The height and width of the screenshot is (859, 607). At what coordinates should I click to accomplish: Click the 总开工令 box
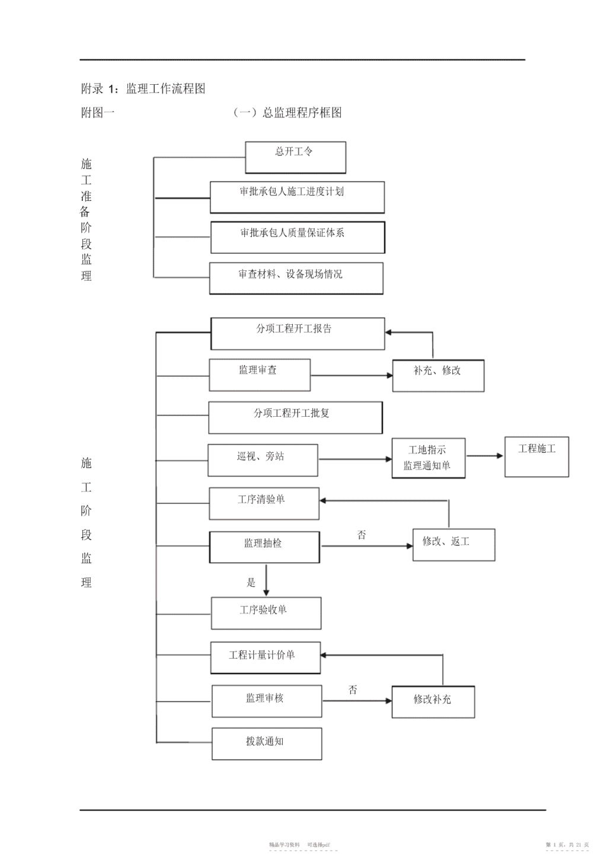(x=295, y=157)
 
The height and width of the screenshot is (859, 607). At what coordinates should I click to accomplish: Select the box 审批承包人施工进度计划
(x=297, y=197)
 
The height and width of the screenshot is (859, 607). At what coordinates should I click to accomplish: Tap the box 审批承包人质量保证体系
(x=298, y=237)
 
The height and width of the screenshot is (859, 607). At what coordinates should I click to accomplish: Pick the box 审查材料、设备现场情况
(x=296, y=278)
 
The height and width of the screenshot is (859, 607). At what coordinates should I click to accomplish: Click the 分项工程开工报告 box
(x=298, y=333)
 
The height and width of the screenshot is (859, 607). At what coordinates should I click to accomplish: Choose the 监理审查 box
(x=260, y=375)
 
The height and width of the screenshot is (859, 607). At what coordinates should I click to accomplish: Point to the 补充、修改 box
(x=438, y=375)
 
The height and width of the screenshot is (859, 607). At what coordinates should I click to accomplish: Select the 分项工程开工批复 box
(x=295, y=417)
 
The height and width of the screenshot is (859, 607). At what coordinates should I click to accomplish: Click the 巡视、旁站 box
(x=263, y=460)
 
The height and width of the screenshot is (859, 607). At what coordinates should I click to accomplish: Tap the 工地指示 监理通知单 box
(x=429, y=458)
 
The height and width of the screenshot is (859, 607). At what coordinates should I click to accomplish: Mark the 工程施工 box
(x=536, y=456)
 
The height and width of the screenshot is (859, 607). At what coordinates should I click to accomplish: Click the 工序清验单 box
(x=264, y=503)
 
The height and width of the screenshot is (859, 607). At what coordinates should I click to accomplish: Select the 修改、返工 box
(x=453, y=545)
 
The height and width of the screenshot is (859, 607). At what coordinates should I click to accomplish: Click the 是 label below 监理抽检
(x=251, y=583)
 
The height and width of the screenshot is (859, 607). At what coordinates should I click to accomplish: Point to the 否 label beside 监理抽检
(x=361, y=535)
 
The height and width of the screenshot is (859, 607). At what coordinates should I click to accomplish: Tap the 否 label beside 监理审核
(x=352, y=690)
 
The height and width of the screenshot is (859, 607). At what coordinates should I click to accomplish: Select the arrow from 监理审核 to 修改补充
(x=357, y=701)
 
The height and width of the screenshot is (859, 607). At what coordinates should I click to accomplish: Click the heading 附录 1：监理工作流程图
(x=143, y=88)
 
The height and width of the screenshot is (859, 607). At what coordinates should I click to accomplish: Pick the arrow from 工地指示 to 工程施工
(x=485, y=455)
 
